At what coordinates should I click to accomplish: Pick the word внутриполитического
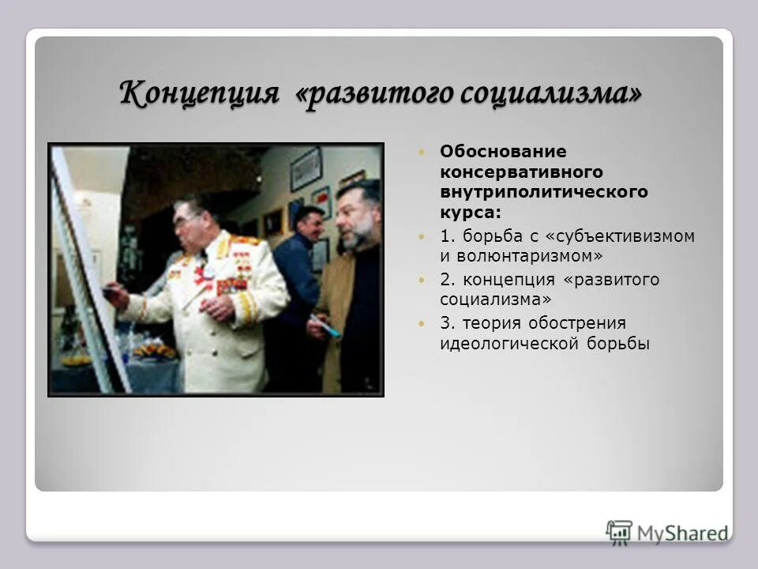(544, 192)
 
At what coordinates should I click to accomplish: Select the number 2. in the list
(448, 280)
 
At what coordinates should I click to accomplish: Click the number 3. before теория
(448, 323)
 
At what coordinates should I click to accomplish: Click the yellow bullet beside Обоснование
(422, 151)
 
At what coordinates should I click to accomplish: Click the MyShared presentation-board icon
(619, 532)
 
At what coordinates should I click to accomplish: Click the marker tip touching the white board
(106, 293)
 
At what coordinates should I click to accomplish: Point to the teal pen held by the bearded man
(327, 326)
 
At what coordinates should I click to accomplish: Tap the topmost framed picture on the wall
(306, 168)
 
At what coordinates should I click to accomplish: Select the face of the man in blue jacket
(310, 225)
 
